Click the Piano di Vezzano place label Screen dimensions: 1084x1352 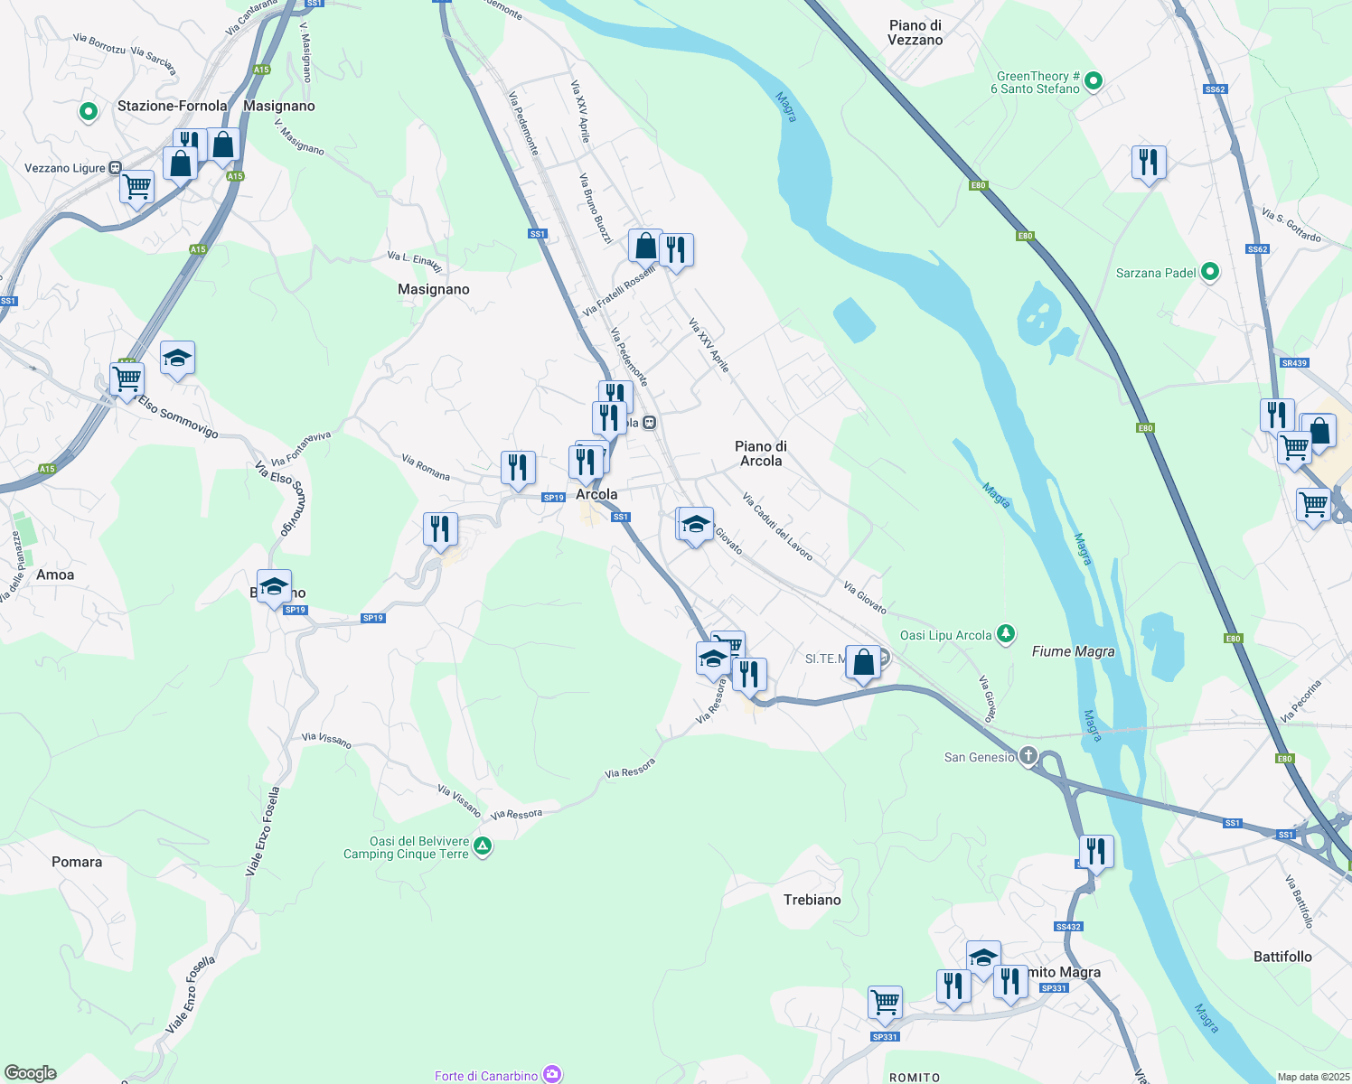coord(915,33)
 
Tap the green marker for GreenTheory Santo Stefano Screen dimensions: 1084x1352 coord(1094,82)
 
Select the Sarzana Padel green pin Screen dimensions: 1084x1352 coord(1210,272)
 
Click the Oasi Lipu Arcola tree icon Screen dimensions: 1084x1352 coord(1006,634)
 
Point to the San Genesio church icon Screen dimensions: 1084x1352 coord(1028,756)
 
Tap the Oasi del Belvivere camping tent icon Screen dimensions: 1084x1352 coord(483,847)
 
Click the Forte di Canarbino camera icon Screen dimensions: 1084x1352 coord(551,1074)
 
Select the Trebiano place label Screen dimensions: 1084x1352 coord(812,900)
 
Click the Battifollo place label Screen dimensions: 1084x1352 coord(1282,957)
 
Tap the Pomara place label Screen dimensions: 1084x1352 coord(77,862)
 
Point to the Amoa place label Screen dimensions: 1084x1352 coord(55,575)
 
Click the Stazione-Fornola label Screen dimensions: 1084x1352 coord(172,106)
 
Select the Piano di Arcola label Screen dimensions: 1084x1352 coord(761,453)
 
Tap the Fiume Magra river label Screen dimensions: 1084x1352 coord(1073,651)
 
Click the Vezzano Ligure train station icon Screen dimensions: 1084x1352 coord(115,168)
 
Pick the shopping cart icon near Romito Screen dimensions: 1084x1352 coord(885,1001)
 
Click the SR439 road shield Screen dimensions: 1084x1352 coord(1294,363)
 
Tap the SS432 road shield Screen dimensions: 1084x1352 coord(1067,927)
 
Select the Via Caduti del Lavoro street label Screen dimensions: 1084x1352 coord(777,527)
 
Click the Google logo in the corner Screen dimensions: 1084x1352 coord(30,1073)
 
